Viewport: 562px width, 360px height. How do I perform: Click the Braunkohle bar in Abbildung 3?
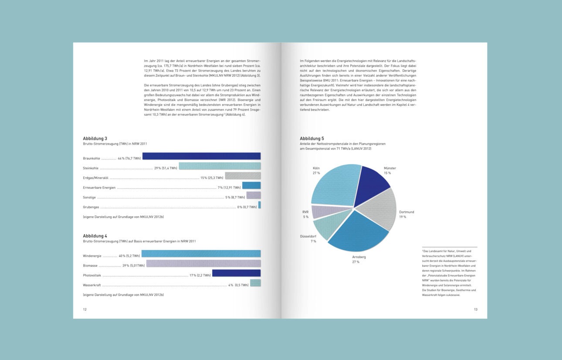point(201,156)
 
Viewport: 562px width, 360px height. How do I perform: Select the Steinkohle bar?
point(220,166)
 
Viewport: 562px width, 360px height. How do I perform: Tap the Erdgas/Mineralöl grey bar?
point(243,176)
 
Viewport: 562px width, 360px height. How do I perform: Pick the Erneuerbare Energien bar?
point(251,185)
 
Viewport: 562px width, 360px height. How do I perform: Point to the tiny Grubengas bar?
point(259,205)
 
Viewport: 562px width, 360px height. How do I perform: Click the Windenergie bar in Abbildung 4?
point(201,254)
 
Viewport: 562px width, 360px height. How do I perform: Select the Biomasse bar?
point(203,263)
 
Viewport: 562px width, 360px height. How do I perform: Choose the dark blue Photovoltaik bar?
point(236,273)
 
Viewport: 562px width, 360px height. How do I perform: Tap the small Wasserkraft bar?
point(255,283)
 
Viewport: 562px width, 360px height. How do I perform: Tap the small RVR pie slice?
point(322,211)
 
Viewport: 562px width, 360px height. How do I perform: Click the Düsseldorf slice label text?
point(308,237)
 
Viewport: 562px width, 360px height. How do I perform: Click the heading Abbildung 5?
point(311,139)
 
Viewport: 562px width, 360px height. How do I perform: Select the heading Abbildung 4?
point(95,236)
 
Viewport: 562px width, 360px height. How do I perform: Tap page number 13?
point(476,309)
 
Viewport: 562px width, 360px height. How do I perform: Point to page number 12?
point(85,309)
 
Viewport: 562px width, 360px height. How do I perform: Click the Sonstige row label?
point(89,197)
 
